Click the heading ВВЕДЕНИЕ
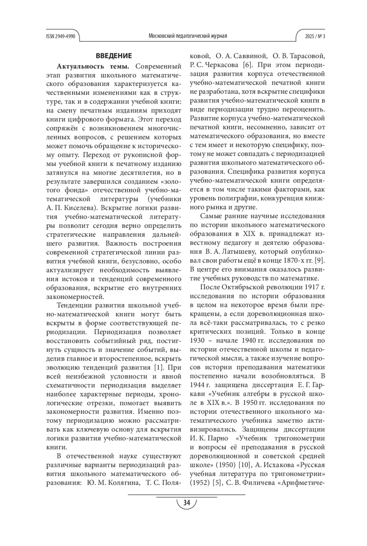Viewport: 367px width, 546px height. (x=114, y=56)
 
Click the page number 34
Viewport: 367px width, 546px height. (x=186, y=503)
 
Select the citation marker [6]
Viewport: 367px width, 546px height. (x=247, y=65)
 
